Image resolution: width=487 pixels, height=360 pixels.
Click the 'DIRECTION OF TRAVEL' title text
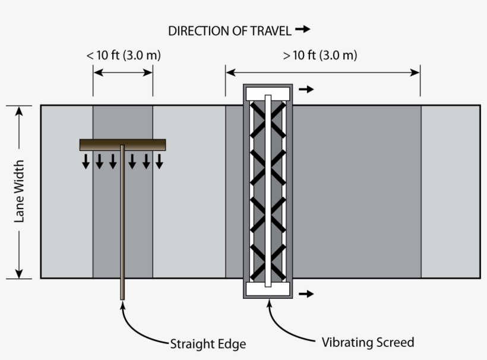230,31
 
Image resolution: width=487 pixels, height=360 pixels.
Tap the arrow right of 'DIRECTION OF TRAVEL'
303,29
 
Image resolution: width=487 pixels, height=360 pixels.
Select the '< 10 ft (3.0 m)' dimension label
124,56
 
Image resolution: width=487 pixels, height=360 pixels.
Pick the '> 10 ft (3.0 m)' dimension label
320,56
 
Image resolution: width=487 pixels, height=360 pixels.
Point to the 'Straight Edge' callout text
208,344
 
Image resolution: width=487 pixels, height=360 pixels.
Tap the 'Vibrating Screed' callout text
368,342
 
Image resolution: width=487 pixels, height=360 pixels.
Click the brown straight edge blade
122,144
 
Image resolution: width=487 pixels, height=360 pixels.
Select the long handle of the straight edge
122,226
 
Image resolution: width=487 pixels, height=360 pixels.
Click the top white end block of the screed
268,93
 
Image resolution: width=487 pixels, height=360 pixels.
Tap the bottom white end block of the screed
268,289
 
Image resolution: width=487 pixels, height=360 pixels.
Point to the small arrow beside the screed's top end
306,90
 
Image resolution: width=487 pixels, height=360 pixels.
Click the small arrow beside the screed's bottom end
306,293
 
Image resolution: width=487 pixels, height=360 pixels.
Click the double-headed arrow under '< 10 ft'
123,72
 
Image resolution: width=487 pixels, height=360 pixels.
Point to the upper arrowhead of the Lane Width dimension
20,111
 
